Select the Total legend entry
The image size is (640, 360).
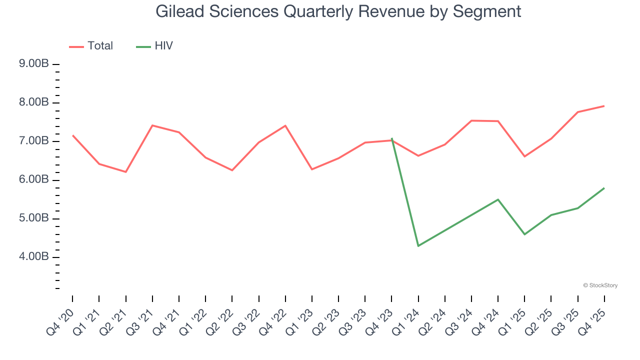pos(91,46)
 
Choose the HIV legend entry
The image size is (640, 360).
pos(155,46)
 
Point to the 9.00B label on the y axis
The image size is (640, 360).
pos(34,64)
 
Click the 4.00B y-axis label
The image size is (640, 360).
pos(34,257)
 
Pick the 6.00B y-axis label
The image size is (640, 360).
pos(34,180)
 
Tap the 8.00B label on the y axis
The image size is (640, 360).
pos(34,102)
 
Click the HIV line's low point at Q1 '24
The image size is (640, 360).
pos(418,246)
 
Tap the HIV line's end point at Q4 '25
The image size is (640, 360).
pos(604,188)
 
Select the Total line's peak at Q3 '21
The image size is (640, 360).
pos(152,125)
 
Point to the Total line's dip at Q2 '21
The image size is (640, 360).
pos(125,172)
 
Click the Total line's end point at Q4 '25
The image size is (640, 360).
pos(604,106)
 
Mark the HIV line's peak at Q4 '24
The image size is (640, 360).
pos(498,199)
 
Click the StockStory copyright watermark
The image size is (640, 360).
pos(600,285)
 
